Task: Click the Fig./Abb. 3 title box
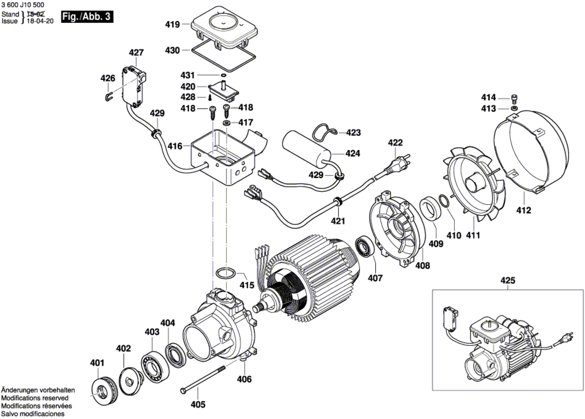pos(87,17)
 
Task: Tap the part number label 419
pos(172,25)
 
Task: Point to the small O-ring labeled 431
pos(223,75)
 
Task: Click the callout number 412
pos(524,210)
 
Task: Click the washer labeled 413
pos(514,108)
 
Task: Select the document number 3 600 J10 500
pos(23,5)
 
